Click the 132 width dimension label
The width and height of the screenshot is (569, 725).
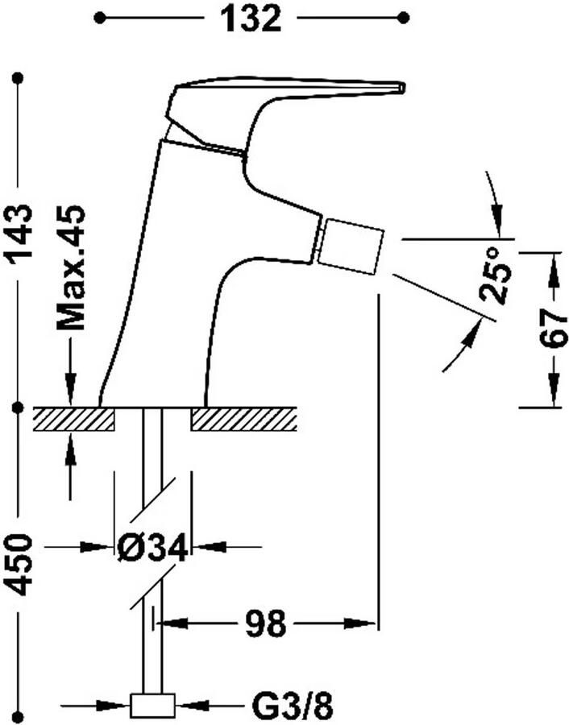tap(251, 19)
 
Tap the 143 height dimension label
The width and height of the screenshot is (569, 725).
tap(19, 234)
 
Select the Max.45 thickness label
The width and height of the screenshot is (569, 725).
tap(71, 267)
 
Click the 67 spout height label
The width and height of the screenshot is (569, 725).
tap(553, 329)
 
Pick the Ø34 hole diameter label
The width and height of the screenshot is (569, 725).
tap(152, 548)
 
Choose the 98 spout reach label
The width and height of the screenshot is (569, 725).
tap(265, 623)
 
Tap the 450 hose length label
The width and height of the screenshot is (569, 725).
tap(19, 564)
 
